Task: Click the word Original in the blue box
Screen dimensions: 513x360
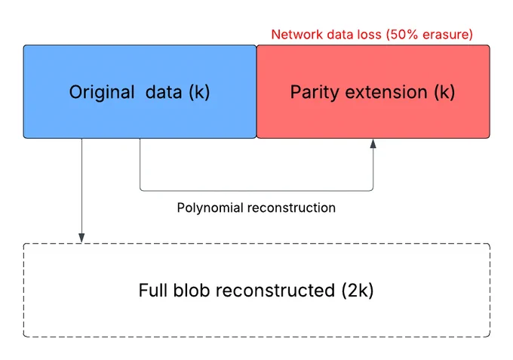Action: coord(102,92)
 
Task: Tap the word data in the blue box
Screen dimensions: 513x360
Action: coord(164,92)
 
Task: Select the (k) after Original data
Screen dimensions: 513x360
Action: coord(199,92)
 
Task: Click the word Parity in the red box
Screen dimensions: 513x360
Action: coord(314,92)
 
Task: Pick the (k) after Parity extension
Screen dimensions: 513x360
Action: coord(444,92)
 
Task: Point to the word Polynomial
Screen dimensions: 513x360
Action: coord(210,208)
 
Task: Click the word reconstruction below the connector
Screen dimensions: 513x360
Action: coord(291,208)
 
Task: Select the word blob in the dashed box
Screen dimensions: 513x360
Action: coord(192,291)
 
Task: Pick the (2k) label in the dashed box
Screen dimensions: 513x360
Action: coord(358,291)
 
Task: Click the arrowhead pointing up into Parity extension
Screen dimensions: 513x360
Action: coord(373,143)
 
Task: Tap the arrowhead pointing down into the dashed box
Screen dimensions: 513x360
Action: coord(81,238)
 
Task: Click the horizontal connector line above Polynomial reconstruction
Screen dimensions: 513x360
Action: coord(256,190)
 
